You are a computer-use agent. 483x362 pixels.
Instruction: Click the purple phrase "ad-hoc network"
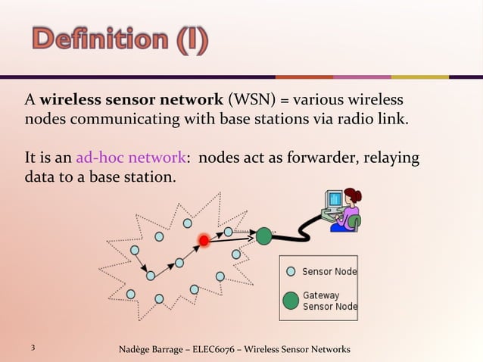tap(131, 158)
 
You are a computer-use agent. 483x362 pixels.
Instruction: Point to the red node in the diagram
tap(204, 241)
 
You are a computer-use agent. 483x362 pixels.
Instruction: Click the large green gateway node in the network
tap(263, 236)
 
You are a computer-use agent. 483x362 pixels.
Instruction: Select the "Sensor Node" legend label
tap(329, 271)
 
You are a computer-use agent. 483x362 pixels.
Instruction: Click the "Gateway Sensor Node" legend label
tap(329, 301)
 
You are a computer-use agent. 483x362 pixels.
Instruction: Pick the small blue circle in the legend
tap(291, 271)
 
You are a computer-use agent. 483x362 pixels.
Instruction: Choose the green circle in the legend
tap(291, 301)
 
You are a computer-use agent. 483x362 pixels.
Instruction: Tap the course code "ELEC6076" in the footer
tap(220, 349)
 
